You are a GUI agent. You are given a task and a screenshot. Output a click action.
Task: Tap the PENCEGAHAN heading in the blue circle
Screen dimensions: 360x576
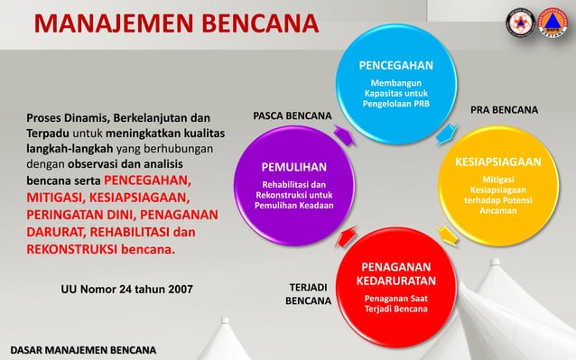click(x=396, y=66)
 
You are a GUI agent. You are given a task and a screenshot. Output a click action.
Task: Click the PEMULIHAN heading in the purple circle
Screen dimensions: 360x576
click(x=294, y=167)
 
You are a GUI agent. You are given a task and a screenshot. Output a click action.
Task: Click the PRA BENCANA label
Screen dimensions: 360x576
click(x=505, y=110)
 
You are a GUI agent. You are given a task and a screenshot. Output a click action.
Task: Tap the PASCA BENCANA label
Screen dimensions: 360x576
click(x=292, y=117)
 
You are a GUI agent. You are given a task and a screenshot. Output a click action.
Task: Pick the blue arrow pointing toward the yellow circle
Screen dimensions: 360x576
click(x=444, y=136)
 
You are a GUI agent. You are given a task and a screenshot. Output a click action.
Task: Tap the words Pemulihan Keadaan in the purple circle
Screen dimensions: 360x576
click(x=294, y=206)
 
